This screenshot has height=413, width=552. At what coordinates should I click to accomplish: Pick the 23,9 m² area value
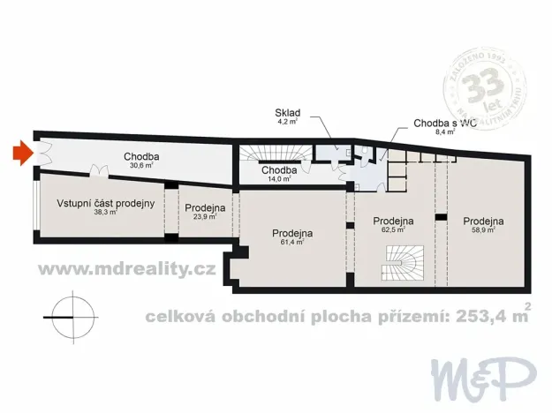click(205, 216)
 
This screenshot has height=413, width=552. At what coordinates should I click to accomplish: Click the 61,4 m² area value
click(291, 241)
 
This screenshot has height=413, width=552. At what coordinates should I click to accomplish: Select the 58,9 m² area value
click(482, 229)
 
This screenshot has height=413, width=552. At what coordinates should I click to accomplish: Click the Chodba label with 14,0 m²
click(279, 169)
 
